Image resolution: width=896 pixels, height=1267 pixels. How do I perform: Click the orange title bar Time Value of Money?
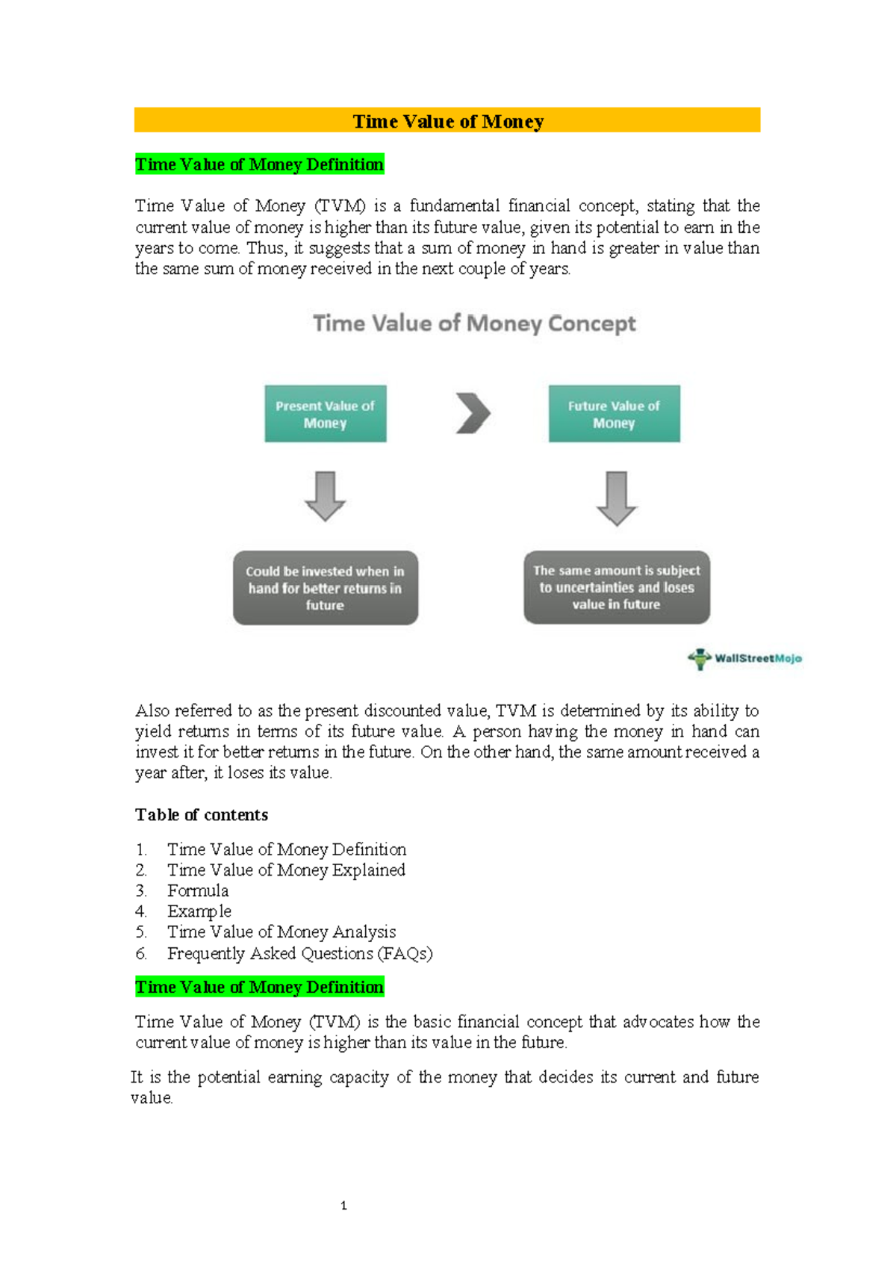point(447,120)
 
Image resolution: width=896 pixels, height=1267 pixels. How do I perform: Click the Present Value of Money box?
point(326,414)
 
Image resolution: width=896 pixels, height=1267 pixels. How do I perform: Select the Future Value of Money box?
point(614,414)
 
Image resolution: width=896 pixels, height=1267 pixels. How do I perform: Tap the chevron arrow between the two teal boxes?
point(473,413)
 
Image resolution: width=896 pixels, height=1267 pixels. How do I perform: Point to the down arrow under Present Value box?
point(325,496)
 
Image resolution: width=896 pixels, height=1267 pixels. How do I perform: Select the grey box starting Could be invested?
point(326,588)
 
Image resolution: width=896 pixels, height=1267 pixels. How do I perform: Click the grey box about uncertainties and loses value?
point(617,587)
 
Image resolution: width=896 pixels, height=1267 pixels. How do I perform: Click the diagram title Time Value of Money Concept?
point(474,323)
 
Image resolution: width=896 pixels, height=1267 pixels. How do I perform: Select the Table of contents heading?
point(202,814)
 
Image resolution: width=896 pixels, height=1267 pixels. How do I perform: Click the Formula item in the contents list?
point(198,890)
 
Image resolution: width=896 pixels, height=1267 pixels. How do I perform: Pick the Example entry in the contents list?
point(199,911)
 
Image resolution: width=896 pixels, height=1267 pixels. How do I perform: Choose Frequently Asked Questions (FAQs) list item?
point(299,953)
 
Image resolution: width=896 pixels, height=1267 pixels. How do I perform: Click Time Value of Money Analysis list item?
point(281,932)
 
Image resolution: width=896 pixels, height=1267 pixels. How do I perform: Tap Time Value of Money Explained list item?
point(286,870)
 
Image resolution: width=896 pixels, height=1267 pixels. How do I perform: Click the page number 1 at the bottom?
point(343,1205)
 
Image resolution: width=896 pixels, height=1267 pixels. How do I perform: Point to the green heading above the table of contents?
point(259,164)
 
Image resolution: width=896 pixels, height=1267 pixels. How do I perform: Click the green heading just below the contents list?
point(259,987)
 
